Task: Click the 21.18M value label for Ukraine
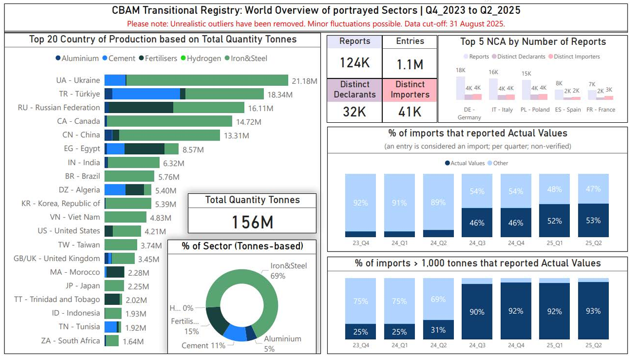[x=304, y=81]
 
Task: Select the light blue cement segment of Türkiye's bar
[x=146, y=94]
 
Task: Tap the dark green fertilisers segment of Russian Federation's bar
[x=141, y=108]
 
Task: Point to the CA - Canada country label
[x=78, y=121]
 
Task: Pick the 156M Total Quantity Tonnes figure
[x=252, y=222]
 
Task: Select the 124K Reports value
[x=354, y=63]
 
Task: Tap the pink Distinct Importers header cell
[x=410, y=90]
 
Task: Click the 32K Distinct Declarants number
[x=354, y=112]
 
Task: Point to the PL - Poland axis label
[x=535, y=110]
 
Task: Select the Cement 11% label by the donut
[x=203, y=345]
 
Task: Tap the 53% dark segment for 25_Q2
[x=593, y=220]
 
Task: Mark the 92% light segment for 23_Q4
[x=360, y=203]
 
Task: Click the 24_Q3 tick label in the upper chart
[x=477, y=243]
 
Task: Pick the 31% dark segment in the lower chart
[x=438, y=329]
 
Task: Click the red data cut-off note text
[x=316, y=24]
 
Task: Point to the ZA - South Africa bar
[x=112, y=341]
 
